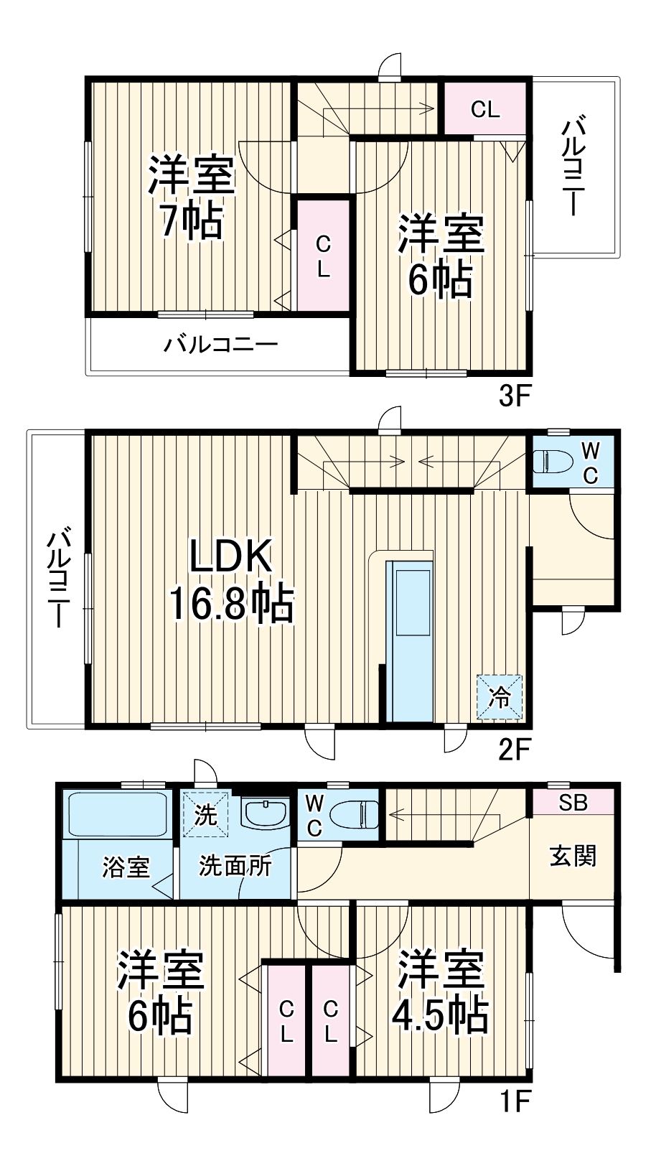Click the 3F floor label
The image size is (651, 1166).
pos(514,396)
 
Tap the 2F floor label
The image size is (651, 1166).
pos(514,750)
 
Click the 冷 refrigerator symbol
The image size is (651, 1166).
pos(500,696)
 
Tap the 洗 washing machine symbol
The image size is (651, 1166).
pos(205,815)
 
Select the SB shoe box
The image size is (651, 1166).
pos(573,802)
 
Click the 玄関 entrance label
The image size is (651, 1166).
pos(573,856)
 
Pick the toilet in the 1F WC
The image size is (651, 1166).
pos(355,815)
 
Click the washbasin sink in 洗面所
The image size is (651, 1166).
pos(265,813)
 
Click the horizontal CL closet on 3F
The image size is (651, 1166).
pos(485,109)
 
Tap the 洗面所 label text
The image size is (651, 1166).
pos(235,866)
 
